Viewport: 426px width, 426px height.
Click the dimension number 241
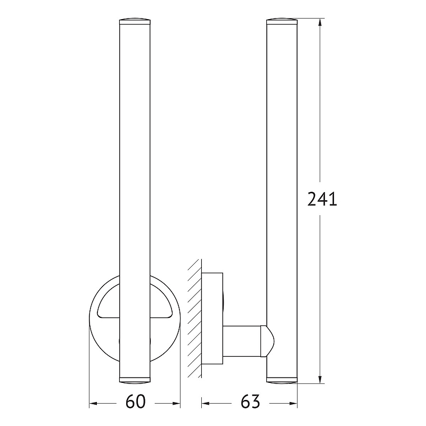click(x=322, y=199)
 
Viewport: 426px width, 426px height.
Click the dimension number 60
click(x=136, y=402)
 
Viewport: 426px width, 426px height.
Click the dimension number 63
click(x=250, y=402)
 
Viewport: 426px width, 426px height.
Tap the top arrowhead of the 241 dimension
click(x=320, y=22)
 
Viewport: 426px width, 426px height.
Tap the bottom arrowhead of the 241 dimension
click(x=320, y=380)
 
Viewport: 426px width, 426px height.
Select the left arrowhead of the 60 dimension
click(x=93, y=403)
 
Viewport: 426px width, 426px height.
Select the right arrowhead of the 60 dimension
click(x=176, y=403)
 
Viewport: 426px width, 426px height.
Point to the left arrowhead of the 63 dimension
click(x=206, y=403)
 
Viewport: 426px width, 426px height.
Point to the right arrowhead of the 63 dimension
click(x=293, y=403)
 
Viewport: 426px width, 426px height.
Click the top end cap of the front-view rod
click(x=135, y=21)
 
